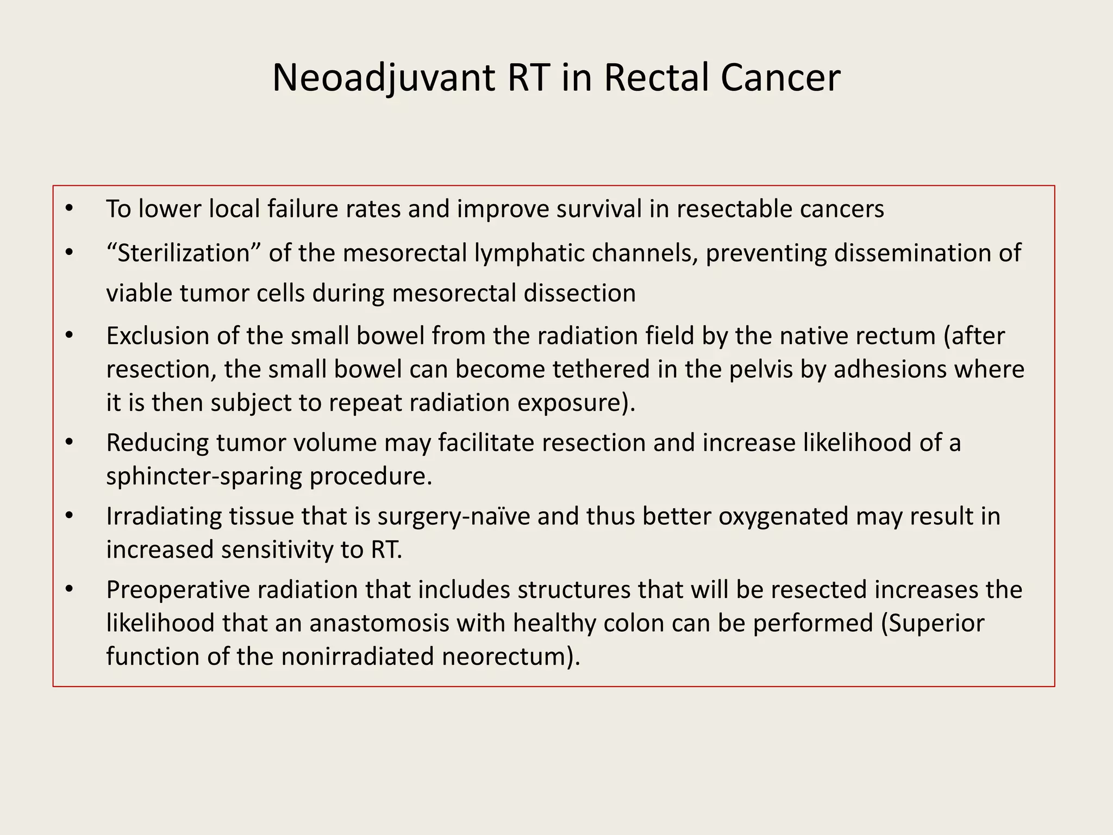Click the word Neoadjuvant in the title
click(383, 78)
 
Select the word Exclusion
click(158, 336)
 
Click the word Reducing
click(158, 443)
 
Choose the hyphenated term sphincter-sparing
click(204, 477)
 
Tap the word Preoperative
click(178, 590)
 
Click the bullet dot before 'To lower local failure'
click(68, 209)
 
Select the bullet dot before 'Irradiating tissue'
click(68, 516)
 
